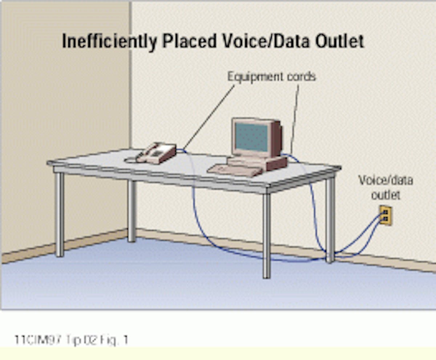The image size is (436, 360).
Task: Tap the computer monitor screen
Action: [251, 137]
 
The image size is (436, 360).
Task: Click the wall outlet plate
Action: [386, 215]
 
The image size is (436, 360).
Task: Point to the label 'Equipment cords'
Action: [271, 77]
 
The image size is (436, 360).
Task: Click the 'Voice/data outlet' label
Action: [385, 187]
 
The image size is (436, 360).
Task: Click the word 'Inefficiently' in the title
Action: [109, 41]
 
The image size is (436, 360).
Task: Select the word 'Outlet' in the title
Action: [339, 41]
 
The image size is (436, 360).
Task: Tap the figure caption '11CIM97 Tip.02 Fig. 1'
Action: [71, 340]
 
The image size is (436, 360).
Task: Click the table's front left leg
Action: [60, 214]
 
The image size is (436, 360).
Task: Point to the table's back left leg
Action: [132, 211]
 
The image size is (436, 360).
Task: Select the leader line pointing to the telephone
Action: [209, 117]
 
